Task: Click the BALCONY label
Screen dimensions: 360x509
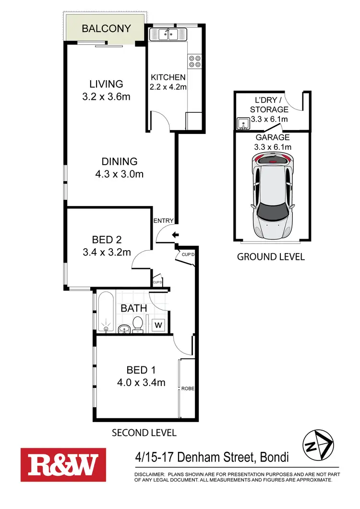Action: tap(106, 28)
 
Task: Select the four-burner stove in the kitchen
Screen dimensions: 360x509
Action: tap(195, 61)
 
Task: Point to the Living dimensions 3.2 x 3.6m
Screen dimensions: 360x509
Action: tap(107, 97)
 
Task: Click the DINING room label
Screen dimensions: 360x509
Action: tap(120, 162)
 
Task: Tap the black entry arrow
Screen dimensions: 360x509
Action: tap(175, 234)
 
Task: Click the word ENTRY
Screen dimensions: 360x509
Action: tap(163, 221)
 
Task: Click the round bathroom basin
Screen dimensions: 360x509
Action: tap(123, 328)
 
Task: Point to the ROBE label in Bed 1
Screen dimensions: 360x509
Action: tap(188, 388)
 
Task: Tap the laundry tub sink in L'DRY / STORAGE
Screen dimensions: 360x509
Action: tap(243, 125)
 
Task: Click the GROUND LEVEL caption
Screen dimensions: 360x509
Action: tap(271, 256)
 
